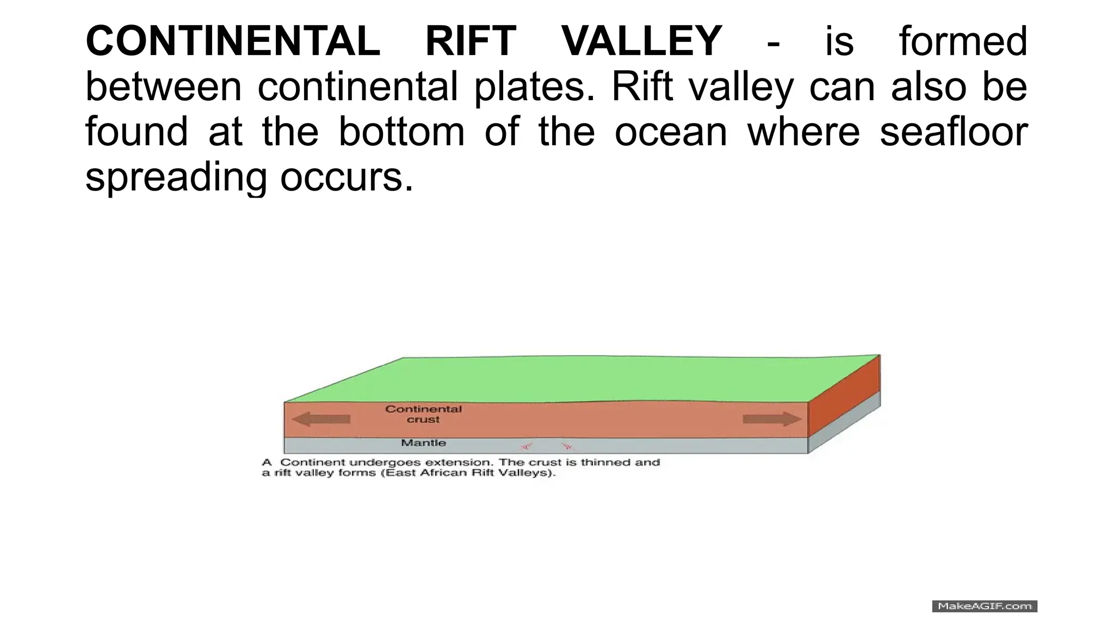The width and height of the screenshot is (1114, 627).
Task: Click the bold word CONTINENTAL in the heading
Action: (233, 41)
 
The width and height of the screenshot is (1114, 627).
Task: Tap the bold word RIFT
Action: (471, 41)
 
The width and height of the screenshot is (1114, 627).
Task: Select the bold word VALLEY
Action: (642, 41)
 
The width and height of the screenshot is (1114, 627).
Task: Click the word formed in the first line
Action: (963, 41)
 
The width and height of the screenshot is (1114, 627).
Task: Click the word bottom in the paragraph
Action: (401, 132)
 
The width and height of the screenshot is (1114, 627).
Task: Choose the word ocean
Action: (671, 132)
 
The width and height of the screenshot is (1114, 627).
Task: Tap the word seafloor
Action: (954, 132)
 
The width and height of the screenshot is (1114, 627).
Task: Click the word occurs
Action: (346, 177)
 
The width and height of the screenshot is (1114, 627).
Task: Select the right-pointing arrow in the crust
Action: (772, 419)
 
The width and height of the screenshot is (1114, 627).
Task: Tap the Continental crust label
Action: (423, 414)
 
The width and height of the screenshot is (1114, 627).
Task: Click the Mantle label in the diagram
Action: (423, 443)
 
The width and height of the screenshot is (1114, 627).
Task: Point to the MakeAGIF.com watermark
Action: (985, 606)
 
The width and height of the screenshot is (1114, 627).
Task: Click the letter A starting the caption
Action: (267, 463)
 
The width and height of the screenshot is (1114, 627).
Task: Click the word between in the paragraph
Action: (163, 87)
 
